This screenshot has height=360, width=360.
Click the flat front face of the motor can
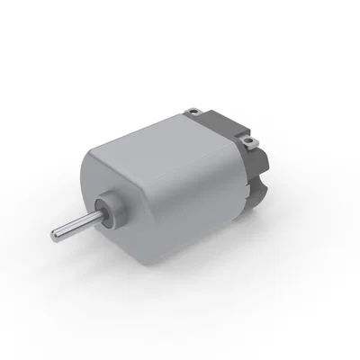[x=117, y=193]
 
